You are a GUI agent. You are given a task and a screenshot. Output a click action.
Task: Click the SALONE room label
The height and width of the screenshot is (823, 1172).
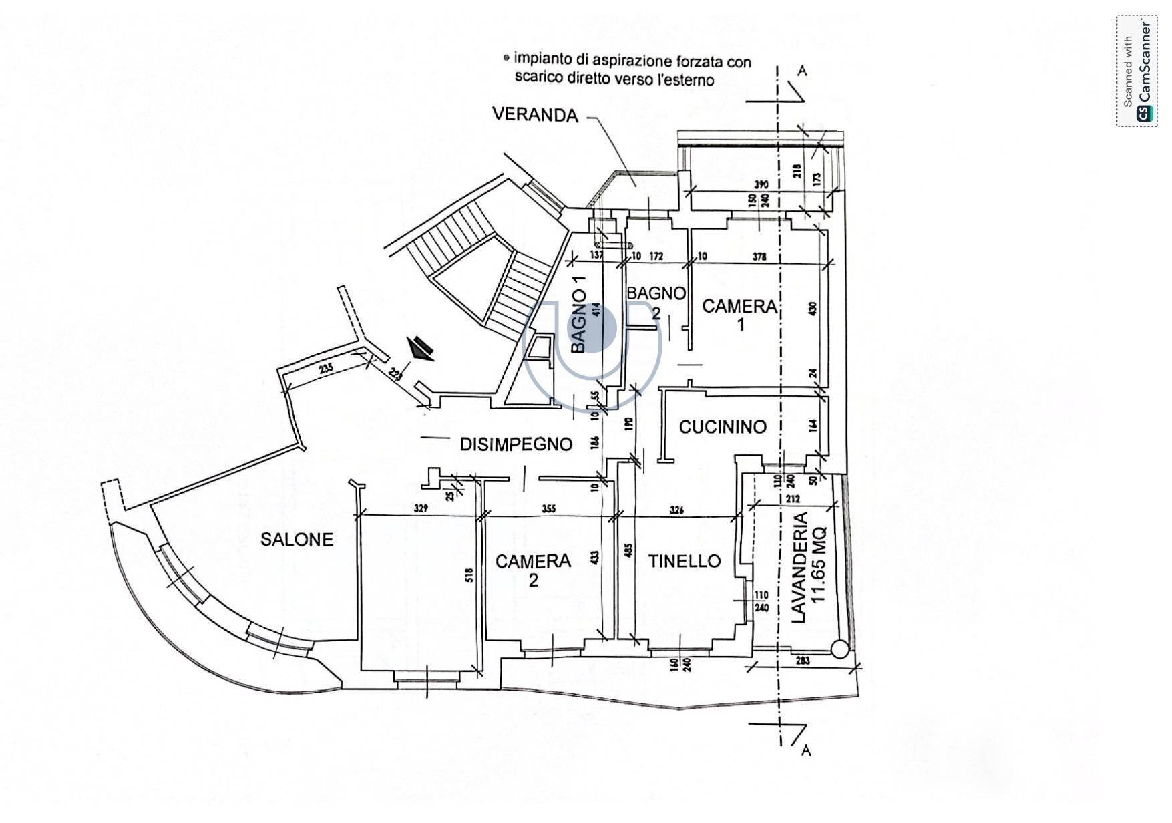point(297,539)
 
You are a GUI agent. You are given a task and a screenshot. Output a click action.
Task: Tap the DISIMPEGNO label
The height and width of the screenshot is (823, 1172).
point(516,444)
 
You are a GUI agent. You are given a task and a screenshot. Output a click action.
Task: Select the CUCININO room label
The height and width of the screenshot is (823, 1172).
point(723,426)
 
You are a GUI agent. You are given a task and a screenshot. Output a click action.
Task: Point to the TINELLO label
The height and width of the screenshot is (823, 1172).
point(685,561)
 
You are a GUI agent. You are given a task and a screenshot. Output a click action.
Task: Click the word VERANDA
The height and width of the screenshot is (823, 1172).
point(535,115)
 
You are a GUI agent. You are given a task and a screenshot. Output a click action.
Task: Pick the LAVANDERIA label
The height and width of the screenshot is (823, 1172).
point(799,568)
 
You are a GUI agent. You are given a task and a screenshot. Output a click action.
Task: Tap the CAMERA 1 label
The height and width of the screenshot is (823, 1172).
point(739,314)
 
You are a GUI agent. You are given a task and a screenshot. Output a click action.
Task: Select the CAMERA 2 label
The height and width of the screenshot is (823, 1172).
point(533,569)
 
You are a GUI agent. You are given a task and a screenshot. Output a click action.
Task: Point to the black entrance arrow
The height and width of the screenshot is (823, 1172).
point(421,348)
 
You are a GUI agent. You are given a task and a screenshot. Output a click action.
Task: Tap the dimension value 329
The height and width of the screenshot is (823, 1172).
point(420,508)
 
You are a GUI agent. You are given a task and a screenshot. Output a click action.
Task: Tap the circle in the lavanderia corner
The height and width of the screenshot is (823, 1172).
point(839,647)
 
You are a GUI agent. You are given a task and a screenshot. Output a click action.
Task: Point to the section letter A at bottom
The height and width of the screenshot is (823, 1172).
point(806,750)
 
